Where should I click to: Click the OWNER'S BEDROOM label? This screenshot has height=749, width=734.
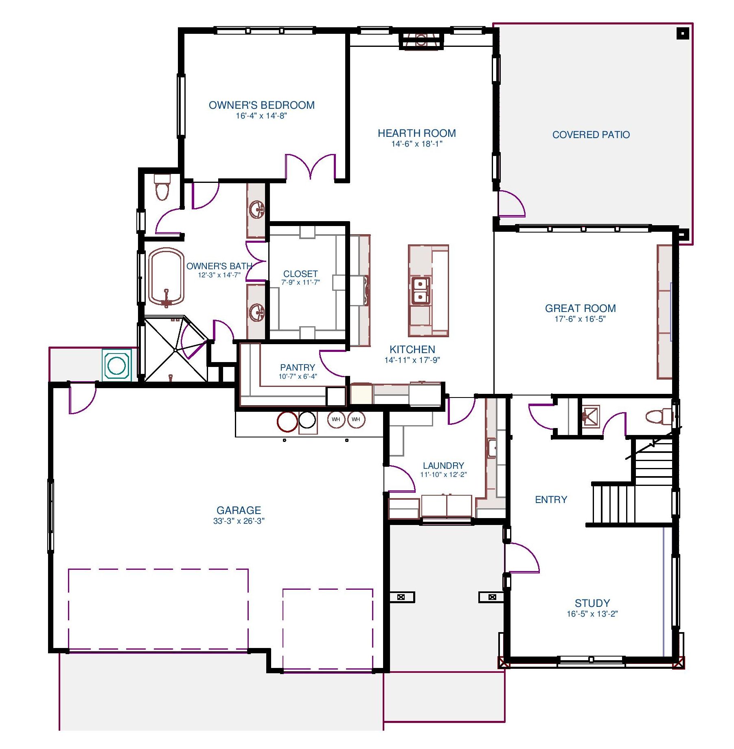(262, 105)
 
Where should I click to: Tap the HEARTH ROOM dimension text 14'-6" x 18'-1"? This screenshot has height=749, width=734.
(416, 144)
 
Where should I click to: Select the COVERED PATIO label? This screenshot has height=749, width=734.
(591, 135)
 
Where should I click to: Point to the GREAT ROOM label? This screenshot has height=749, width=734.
(580, 308)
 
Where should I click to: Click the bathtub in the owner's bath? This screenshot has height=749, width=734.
(166, 277)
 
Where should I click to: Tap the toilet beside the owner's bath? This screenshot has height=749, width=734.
(162, 187)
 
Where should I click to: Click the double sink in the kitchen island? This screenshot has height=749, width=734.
(420, 290)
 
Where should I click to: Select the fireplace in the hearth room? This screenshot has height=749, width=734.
(421, 40)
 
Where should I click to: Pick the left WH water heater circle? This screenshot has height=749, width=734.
(336, 419)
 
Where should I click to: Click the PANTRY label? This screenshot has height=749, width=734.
(298, 367)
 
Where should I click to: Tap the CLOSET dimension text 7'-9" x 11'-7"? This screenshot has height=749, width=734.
(300, 282)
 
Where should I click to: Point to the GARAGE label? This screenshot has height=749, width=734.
(239, 510)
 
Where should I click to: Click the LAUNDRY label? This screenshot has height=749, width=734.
(443, 466)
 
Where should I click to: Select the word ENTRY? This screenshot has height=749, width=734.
(551, 500)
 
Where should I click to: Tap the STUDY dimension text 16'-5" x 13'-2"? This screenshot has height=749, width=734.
(592, 614)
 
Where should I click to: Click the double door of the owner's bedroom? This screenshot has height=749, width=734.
(310, 167)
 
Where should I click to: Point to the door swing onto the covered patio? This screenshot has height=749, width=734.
(512, 204)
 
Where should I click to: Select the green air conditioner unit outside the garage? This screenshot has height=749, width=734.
(117, 365)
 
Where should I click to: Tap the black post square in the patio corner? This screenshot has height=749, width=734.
(683, 33)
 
